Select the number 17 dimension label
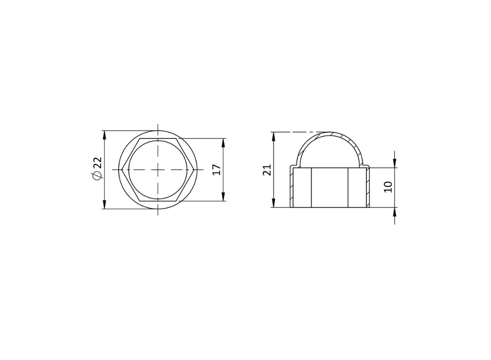tap(217, 169)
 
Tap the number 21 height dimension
tap(267, 170)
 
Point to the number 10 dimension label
tap(388, 187)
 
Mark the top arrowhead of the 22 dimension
tap(104, 135)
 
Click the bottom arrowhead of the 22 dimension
tap(104, 204)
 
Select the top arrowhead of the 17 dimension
tap(223, 143)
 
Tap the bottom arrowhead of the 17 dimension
tap(223, 196)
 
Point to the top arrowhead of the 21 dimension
tap(274, 137)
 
